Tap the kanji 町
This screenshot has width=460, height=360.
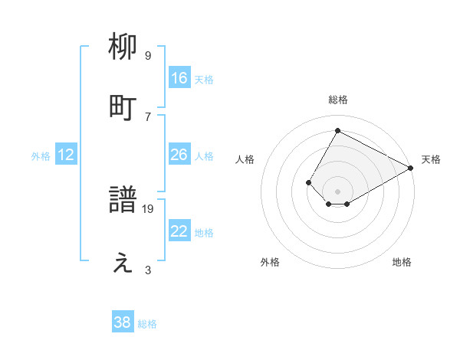point(123,108)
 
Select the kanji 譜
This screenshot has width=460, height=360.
point(123,201)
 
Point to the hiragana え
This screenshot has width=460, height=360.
point(123,263)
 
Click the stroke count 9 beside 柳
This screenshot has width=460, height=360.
point(148,55)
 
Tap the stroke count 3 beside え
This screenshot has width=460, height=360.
point(148,270)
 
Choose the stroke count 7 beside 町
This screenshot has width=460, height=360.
point(148,116)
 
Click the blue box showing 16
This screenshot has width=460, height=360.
point(179,78)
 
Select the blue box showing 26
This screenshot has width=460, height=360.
point(179,155)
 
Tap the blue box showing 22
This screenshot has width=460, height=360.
point(179,231)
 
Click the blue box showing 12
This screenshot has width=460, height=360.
point(66,155)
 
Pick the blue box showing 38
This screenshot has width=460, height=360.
point(123,322)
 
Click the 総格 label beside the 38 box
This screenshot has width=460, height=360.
point(147,324)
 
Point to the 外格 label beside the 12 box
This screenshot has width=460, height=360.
point(41,156)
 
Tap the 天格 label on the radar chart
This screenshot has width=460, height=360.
point(431,159)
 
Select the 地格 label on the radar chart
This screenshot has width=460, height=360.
point(402,262)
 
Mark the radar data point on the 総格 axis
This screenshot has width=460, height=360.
point(337,130)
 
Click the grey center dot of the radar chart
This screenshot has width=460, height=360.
point(337,191)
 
